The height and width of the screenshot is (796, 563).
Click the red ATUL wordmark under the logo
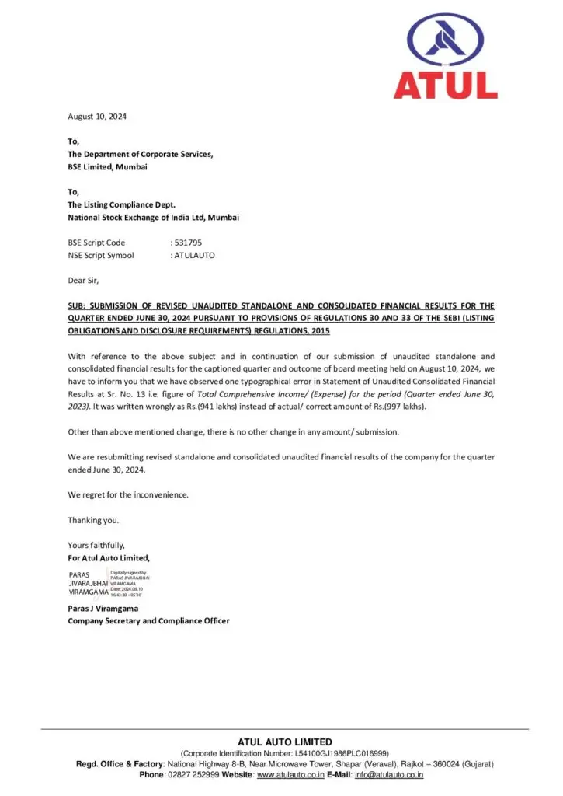pos(445,84)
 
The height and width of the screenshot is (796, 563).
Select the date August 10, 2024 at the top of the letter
pos(97,117)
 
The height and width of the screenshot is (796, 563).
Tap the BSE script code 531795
pos(188,243)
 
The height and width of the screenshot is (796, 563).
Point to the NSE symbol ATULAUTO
pos(194,255)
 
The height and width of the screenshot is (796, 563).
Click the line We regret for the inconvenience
pos(128,494)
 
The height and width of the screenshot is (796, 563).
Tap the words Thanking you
pos(93,520)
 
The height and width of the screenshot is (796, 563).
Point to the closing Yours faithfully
pos(96,545)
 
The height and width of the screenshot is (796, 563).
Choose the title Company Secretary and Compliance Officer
pos(148,621)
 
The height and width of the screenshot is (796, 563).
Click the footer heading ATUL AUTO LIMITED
pos(284,742)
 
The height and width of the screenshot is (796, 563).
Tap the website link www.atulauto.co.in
pos(290,775)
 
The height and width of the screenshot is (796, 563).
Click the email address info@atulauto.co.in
pos(389,775)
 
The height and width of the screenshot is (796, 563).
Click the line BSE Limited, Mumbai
pos(107,167)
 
